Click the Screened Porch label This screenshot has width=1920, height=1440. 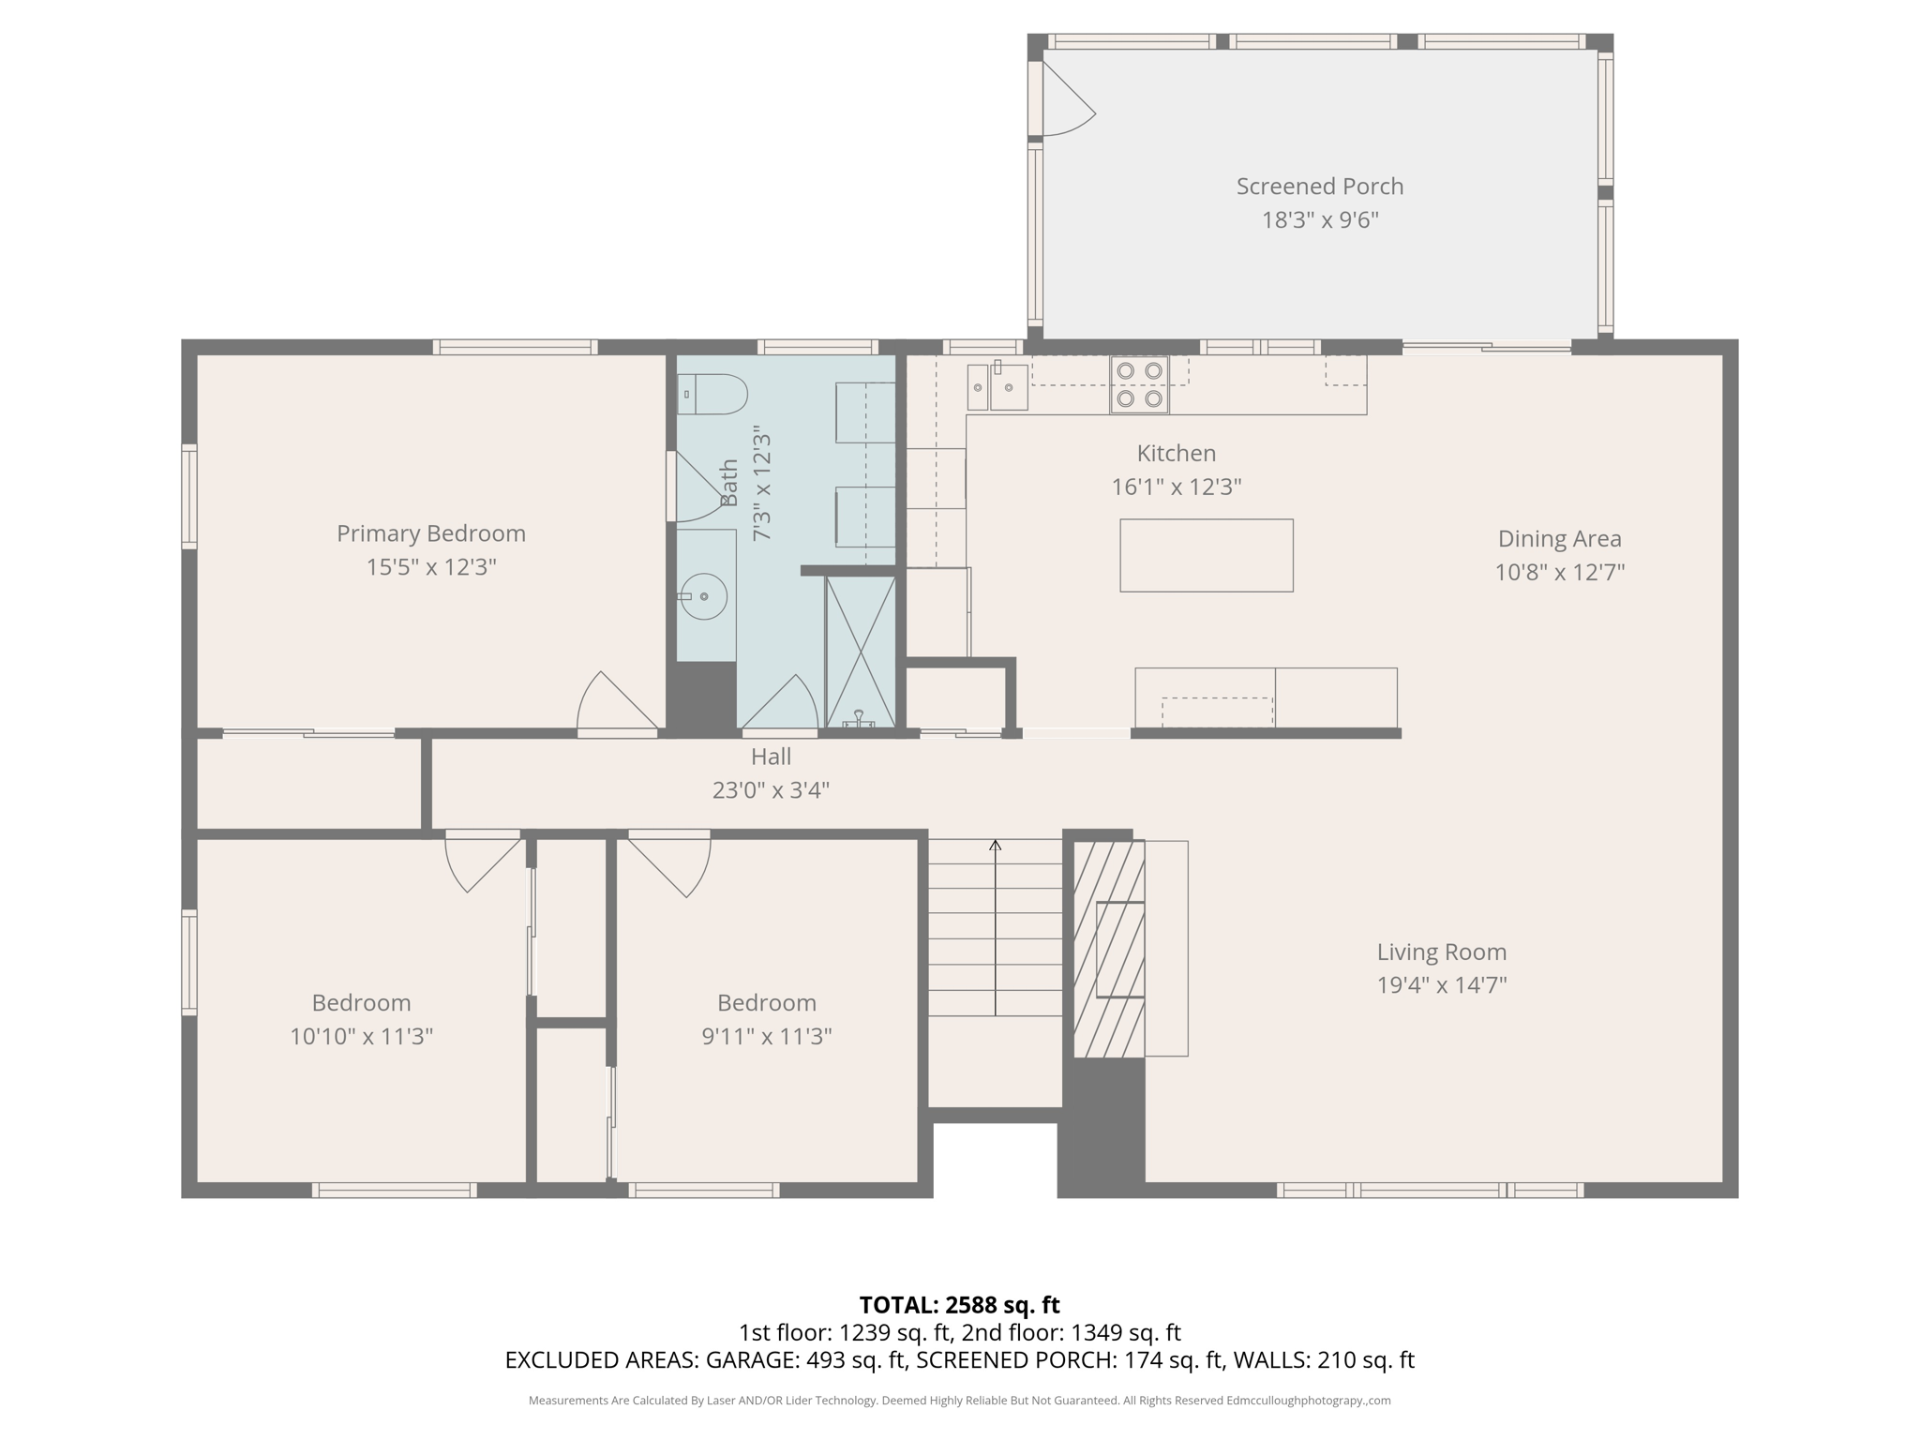(x=1319, y=187)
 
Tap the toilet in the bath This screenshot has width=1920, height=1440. (x=712, y=395)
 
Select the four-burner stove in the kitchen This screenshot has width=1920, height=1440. (x=1139, y=384)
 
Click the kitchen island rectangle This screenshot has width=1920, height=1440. (x=1206, y=555)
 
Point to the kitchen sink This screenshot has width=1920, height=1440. (x=997, y=387)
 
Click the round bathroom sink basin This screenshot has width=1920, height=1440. (x=703, y=596)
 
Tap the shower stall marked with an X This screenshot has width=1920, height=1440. (x=860, y=652)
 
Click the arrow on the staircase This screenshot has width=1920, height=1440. (x=995, y=847)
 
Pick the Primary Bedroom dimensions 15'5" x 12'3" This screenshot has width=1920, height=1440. (x=430, y=567)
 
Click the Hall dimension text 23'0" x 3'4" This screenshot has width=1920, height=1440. (x=771, y=790)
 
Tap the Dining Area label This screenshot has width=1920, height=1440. (x=1559, y=539)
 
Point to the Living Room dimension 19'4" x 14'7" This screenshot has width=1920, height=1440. (x=1441, y=985)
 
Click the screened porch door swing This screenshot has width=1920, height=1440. (x=1067, y=103)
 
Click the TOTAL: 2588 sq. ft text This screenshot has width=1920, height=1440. (x=959, y=1305)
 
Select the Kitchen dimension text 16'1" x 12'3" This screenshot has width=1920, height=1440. (x=1176, y=487)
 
